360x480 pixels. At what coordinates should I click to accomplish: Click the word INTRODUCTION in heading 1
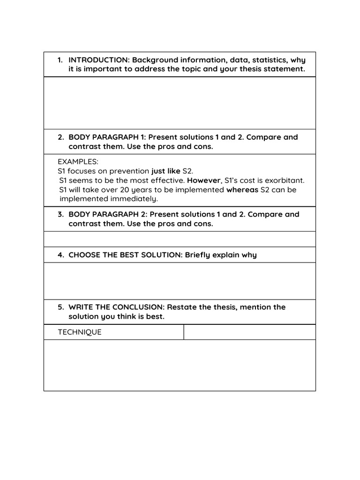(99, 60)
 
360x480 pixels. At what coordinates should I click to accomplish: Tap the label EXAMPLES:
(78, 162)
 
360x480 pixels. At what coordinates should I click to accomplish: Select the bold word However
(204, 180)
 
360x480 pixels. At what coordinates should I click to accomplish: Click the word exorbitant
(282, 180)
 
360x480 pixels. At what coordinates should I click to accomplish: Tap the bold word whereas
(242, 190)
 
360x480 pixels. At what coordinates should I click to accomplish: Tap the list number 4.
(60, 255)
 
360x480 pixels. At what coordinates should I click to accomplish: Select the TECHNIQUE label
(80, 332)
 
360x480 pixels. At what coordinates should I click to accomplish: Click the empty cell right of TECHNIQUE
(249, 332)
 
